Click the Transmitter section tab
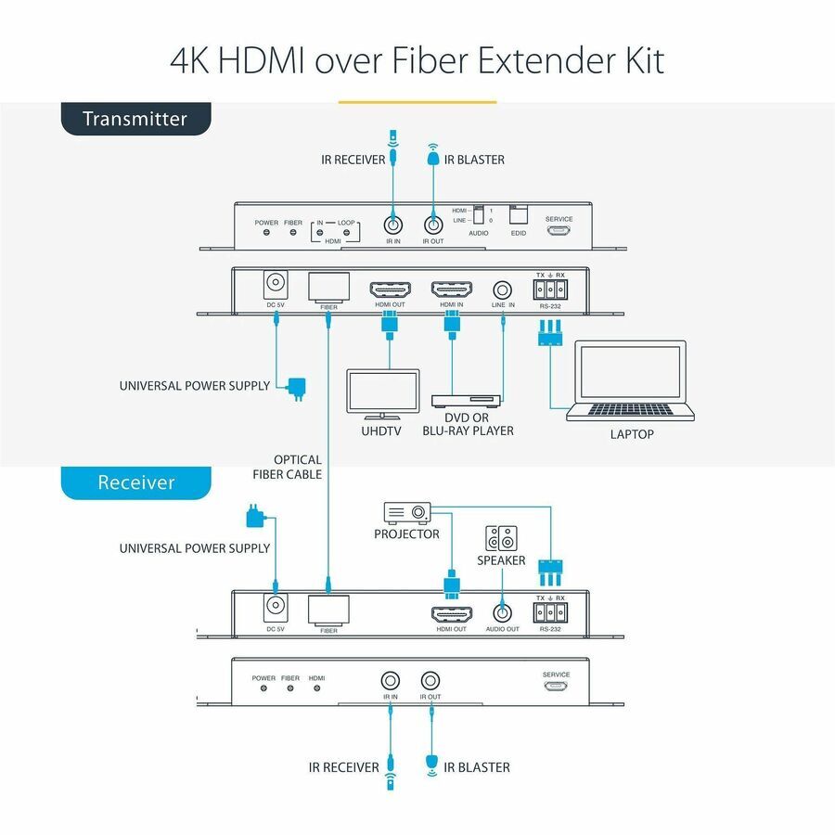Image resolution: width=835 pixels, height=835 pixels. pyautogui.click(x=135, y=119)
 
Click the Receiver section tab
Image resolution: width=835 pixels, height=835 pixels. pyautogui.click(x=135, y=482)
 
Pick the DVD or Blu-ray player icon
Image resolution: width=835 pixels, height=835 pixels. pyautogui.click(x=466, y=400)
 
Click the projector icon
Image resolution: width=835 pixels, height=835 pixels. pyautogui.click(x=406, y=512)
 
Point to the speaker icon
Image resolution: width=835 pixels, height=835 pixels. pyautogui.click(x=502, y=539)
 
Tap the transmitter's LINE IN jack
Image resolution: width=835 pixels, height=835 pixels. pyautogui.click(x=504, y=289)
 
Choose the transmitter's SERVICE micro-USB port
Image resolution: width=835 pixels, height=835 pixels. pyautogui.click(x=559, y=230)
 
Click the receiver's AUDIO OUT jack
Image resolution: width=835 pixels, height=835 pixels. pyautogui.click(x=502, y=612)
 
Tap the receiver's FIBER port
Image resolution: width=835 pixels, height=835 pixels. pyautogui.click(x=328, y=609)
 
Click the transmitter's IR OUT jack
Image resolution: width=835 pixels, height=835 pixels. pyautogui.click(x=432, y=225)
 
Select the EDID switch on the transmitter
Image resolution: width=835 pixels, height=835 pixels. pyautogui.click(x=518, y=213)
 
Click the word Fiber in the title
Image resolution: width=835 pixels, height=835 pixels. pyautogui.click(x=422, y=60)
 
